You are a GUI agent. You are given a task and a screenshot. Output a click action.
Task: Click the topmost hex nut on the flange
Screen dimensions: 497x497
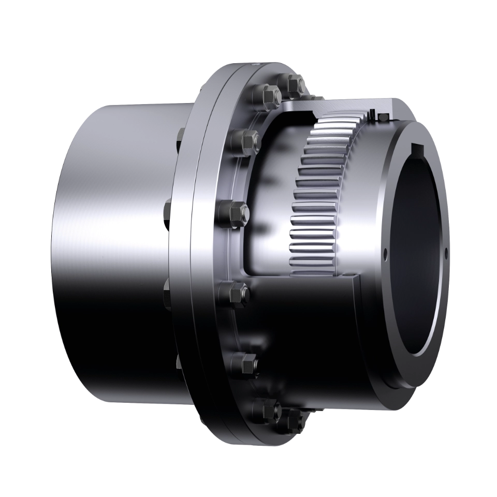[x=293, y=85]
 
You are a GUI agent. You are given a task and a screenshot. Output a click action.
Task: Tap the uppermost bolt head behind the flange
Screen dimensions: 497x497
[x=180, y=136]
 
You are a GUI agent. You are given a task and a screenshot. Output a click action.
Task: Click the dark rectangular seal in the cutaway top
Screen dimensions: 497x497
[x=383, y=119]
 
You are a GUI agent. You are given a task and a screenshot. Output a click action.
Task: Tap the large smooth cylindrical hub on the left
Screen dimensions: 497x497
[x=114, y=248]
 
